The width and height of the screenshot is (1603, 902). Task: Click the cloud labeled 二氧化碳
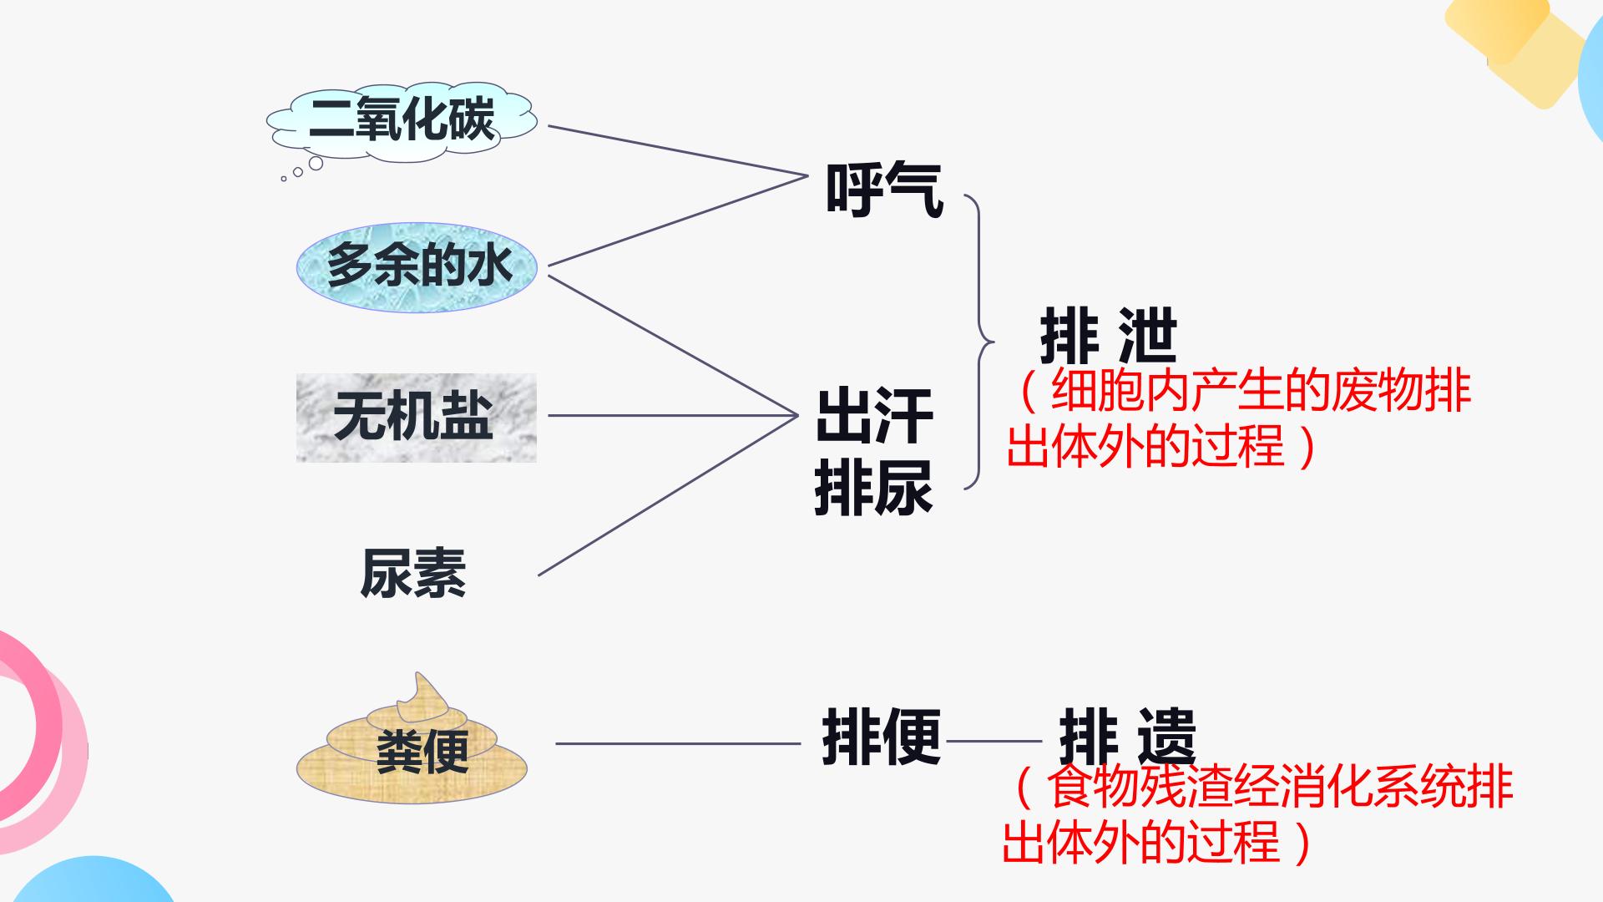[402, 121]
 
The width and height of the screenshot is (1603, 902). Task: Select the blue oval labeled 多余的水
[416, 266]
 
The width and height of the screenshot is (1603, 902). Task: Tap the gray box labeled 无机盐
[416, 418]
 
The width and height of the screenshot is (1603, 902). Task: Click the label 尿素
[412, 574]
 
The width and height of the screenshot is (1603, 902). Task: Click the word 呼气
[884, 190]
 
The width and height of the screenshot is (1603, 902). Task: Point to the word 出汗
[873, 416]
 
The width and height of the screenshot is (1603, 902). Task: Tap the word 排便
[882, 737]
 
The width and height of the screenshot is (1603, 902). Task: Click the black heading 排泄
[1109, 337]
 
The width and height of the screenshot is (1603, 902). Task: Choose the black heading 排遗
[1127, 737]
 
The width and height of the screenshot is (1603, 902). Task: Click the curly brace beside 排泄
[978, 342]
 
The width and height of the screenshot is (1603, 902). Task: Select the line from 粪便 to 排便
[678, 743]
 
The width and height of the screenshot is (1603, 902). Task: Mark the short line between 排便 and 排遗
[994, 741]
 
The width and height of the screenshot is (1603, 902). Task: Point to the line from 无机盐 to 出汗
[673, 415]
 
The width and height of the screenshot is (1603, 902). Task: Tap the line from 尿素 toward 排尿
[668, 495]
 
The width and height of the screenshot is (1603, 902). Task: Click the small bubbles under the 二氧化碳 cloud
[302, 170]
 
